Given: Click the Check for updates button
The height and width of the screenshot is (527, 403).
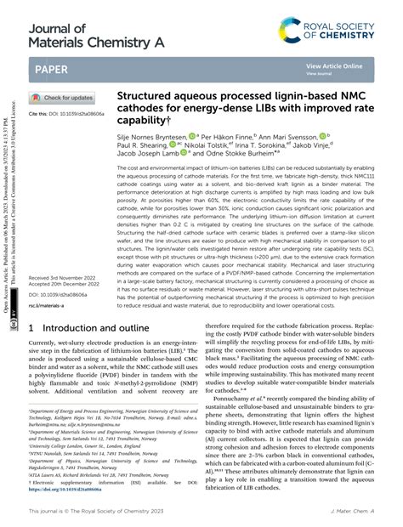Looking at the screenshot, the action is click(x=65, y=98).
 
